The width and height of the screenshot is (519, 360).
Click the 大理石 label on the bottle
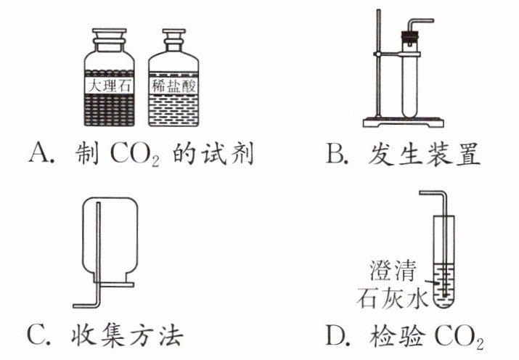pyautogui.click(x=110, y=86)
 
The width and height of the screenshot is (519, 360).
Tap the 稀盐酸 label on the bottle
pyautogui.click(x=173, y=86)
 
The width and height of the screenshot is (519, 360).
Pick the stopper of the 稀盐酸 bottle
pyautogui.click(x=172, y=35)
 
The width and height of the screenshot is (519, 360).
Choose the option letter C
pyautogui.click(x=38, y=336)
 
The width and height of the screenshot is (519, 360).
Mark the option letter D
pyautogui.click(x=336, y=336)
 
